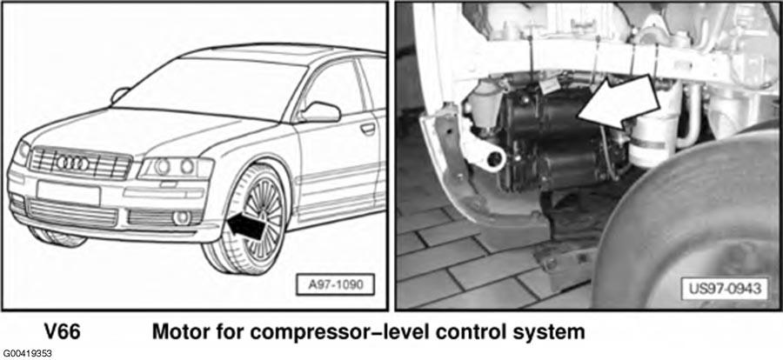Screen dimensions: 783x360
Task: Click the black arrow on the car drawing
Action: coord(245,226)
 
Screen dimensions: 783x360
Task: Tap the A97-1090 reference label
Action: coord(335,284)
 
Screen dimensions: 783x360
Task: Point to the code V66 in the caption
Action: coord(62,332)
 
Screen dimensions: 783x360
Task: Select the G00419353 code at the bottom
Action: coord(26,354)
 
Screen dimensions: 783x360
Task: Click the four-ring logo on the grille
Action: coord(73,163)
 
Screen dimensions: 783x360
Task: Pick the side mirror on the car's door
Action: coord(320,112)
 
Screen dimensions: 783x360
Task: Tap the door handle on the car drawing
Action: coord(368,129)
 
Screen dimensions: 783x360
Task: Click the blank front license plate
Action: coord(69,193)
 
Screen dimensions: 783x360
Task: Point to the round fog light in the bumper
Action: coord(181,217)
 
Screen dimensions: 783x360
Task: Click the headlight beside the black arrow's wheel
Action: coord(176,168)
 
